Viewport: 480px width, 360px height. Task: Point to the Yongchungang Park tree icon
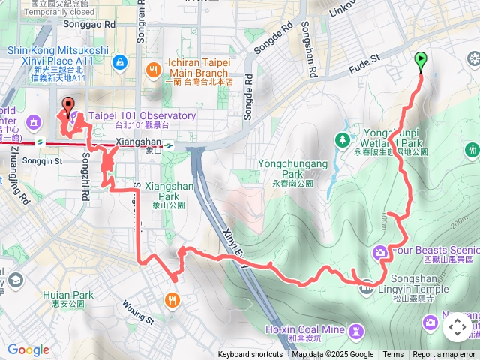pyautogui.click(x=343, y=139)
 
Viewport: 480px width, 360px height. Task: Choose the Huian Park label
pyautogui.click(x=68, y=295)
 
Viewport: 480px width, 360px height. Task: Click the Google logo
pyautogui.click(x=28, y=349)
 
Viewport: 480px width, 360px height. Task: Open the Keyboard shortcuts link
pyautogui.click(x=250, y=355)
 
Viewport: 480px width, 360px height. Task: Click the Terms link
pyautogui.click(x=393, y=355)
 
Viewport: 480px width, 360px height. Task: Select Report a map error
pyautogui.click(x=444, y=355)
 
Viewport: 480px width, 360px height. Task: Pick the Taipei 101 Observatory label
pyautogui.click(x=142, y=116)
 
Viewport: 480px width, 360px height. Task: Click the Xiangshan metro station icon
pyautogui.click(x=170, y=146)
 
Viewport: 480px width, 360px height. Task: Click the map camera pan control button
pyautogui.click(x=457, y=327)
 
